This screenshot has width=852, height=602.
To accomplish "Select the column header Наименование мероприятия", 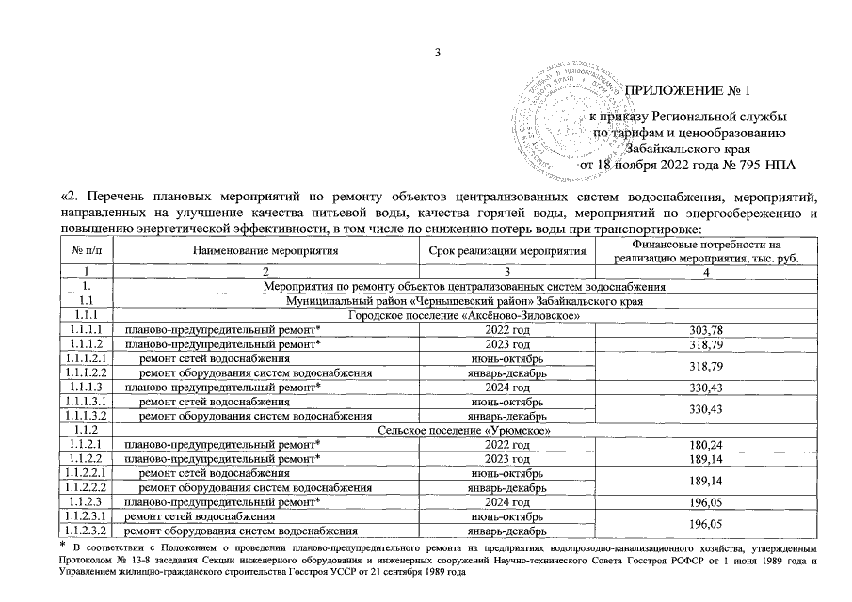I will tap(265, 253).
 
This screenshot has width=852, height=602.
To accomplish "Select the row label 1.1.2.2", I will tap(86, 458).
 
